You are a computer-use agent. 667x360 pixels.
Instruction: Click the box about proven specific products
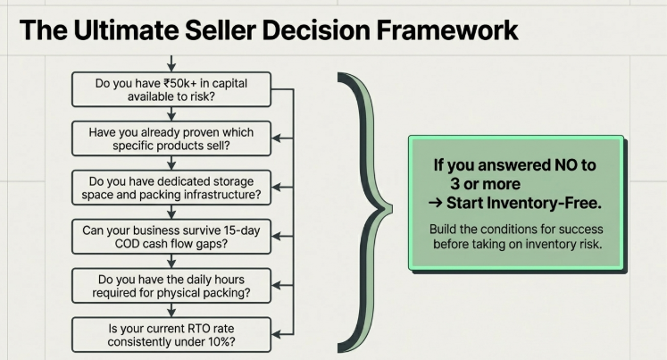pos(171,138)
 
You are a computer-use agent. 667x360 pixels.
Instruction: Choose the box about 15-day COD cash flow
pos(171,237)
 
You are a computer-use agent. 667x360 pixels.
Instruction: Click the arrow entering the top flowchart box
pos(171,64)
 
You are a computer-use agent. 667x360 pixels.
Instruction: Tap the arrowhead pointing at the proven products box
pos(275,138)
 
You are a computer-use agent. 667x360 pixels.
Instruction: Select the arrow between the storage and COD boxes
pos(171,212)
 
